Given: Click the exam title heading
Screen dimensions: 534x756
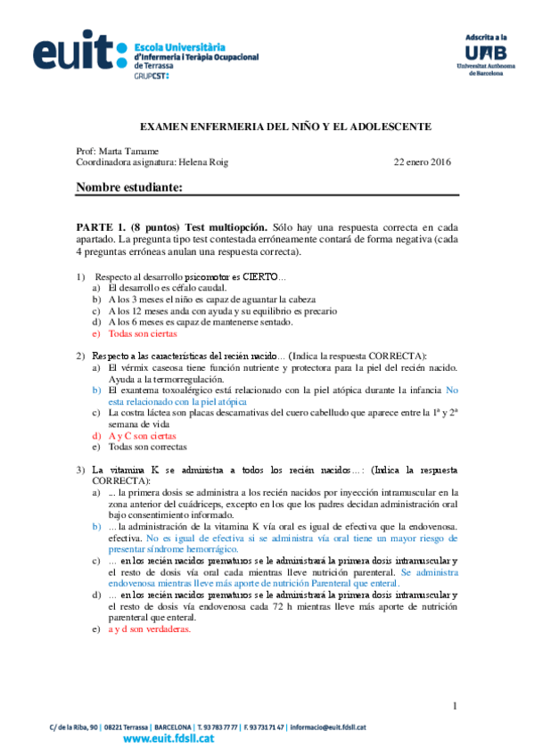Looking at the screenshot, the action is point(287,127).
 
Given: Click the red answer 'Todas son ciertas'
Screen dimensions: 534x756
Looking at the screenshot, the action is point(143,333).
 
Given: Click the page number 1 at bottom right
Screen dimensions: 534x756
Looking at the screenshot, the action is point(455,706).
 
